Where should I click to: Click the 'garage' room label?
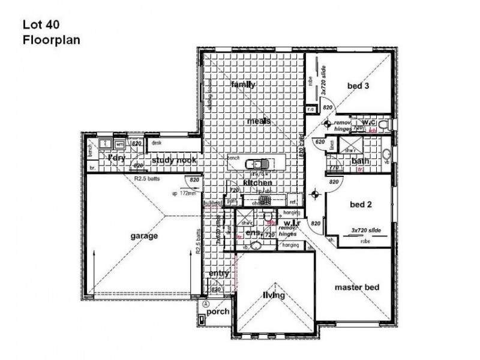pyautogui.click(x=144, y=236)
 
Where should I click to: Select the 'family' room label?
pyautogui.click(x=244, y=85)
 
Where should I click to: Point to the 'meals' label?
pyautogui.click(x=258, y=121)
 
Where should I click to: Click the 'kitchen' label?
pyautogui.click(x=258, y=182)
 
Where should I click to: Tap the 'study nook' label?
pyautogui.click(x=172, y=160)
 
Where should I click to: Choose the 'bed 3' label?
pyautogui.click(x=358, y=86)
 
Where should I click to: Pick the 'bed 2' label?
pyautogui.click(x=361, y=204)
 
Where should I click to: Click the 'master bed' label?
pyautogui.click(x=358, y=287)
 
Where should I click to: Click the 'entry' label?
pyautogui.click(x=219, y=274)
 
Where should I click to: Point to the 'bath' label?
pyautogui.click(x=360, y=161)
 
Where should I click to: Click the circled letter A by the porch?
pyautogui.click(x=205, y=304)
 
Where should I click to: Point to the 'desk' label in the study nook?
pyautogui.click(x=157, y=143)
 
